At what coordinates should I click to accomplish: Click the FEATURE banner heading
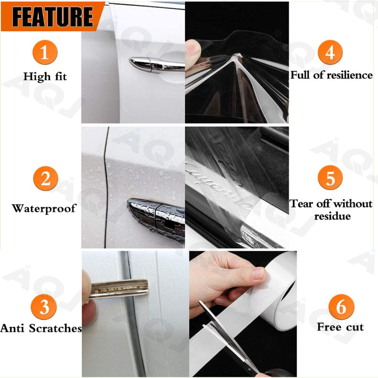pyautogui.click(x=52, y=17)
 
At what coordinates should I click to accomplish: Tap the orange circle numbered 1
pyautogui.click(x=45, y=52)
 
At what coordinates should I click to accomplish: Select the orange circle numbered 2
pyautogui.click(x=46, y=178)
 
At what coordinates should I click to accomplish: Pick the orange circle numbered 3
pyautogui.click(x=44, y=307)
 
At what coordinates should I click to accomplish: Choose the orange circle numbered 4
pyautogui.click(x=330, y=52)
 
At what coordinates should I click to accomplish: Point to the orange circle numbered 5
pyautogui.click(x=330, y=178)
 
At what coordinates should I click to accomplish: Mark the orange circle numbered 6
pyautogui.click(x=341, y=307)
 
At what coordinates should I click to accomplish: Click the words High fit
pyautogui.click(x=45, y=77)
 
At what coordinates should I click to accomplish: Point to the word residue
pyautogui.click(x=332, y=216)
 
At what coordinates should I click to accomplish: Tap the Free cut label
pyautogui.click(x=340, y=327)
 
